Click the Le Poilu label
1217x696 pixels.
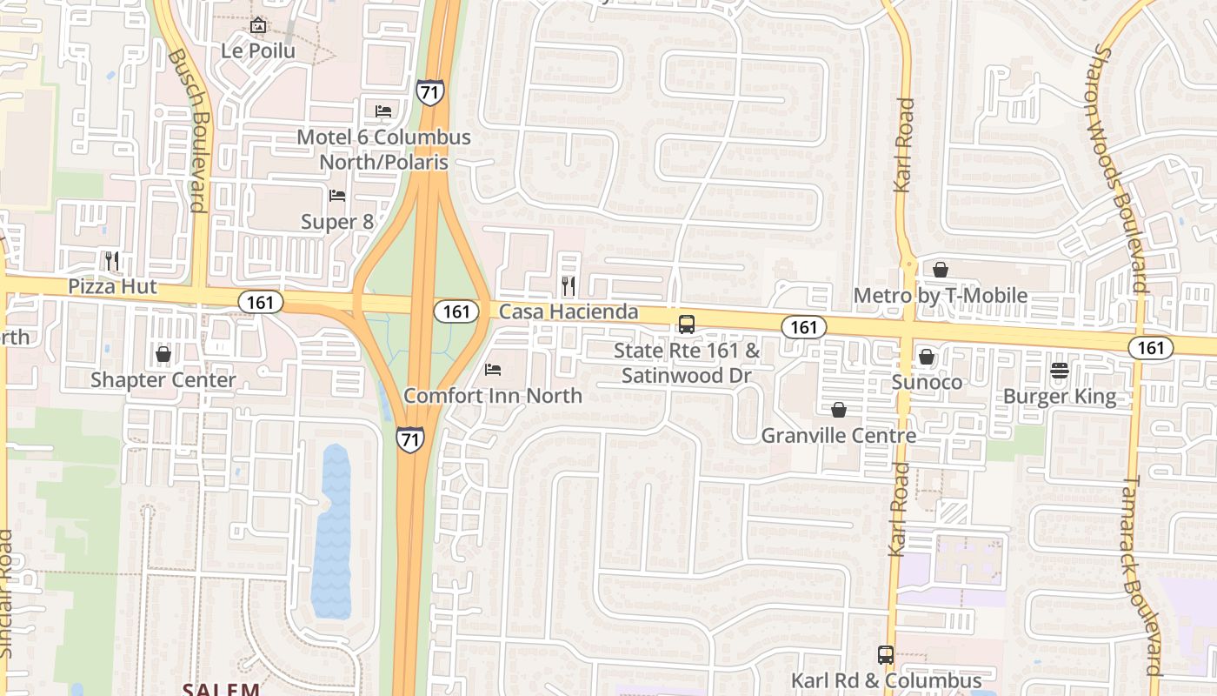pyautogui.click(x=257, y=50)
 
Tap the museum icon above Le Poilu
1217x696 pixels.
pyautogui.click(x=257, y=26)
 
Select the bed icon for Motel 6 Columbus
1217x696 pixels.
pyautogui.click(x=382, y=110)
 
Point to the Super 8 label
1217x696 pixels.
pyautogui.click(x=337, y=222)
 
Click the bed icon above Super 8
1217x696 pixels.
pyautogui.click(x=337, y=196)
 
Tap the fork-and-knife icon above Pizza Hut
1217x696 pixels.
pyautogui.click(x=111, y=260)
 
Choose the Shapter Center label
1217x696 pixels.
pyautogui.click(x=163, y=380)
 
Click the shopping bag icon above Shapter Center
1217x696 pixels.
pyautogui.click(x=163, y=354)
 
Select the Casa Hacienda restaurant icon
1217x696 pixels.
pyautogui.click(x=569, y=285)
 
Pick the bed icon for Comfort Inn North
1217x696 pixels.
pyautogui.click(x=493, y=370)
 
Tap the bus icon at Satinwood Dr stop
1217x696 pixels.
pyautogui.click(x=687, y=325)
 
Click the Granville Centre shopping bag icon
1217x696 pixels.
pyautogui.click(x=839, y=410)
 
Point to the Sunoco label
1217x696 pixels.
pyautogui.click(x=927, y=383)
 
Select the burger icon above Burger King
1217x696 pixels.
pyautogui.click(x=1059, y=371)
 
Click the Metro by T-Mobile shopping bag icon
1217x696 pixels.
pyautogui.click(x=940, y=270)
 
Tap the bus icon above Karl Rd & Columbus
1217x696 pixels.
pyautogui.click(x=886, y=655)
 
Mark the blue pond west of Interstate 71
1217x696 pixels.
pyautogui.click(x=331, y=531)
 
